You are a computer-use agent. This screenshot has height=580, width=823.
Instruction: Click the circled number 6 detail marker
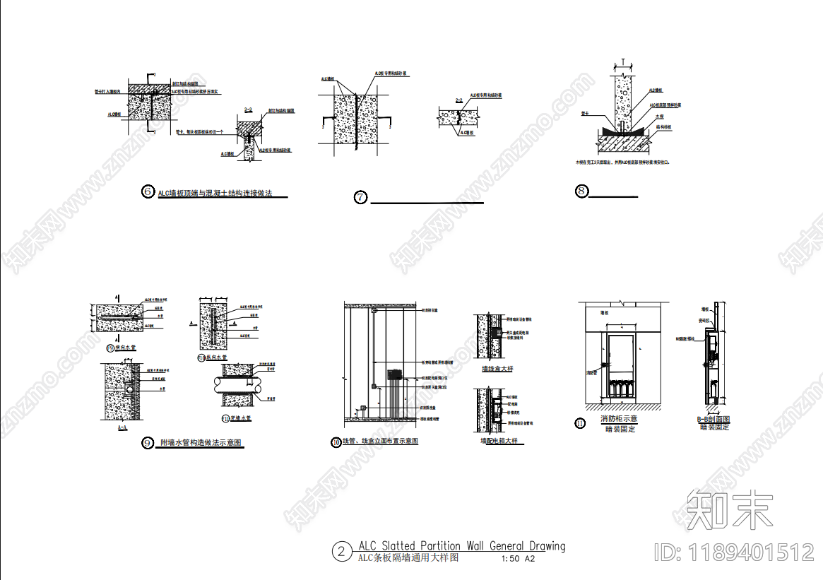tap(148, 191)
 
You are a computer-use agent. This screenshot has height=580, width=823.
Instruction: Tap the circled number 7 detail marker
tap(360, 197)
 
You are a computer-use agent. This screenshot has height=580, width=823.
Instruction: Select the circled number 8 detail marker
tap(581, 191)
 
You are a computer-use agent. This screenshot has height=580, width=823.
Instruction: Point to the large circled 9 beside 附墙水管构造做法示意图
tap(148, 443)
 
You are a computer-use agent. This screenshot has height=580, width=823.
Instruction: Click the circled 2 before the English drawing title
tap(341, 551)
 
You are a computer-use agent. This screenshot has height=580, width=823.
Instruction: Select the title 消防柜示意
tap(618, 420)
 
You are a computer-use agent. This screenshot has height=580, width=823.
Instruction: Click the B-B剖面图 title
tap(714, 420)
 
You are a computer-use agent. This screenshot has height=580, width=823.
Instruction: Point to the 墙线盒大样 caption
tap(497, 369)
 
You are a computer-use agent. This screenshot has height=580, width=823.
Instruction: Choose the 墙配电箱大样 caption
tap(499, 441)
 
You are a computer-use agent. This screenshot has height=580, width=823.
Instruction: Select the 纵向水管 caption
tap(215, 358)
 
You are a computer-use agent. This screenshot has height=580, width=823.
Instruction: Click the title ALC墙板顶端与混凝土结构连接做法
tap(215, 193)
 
